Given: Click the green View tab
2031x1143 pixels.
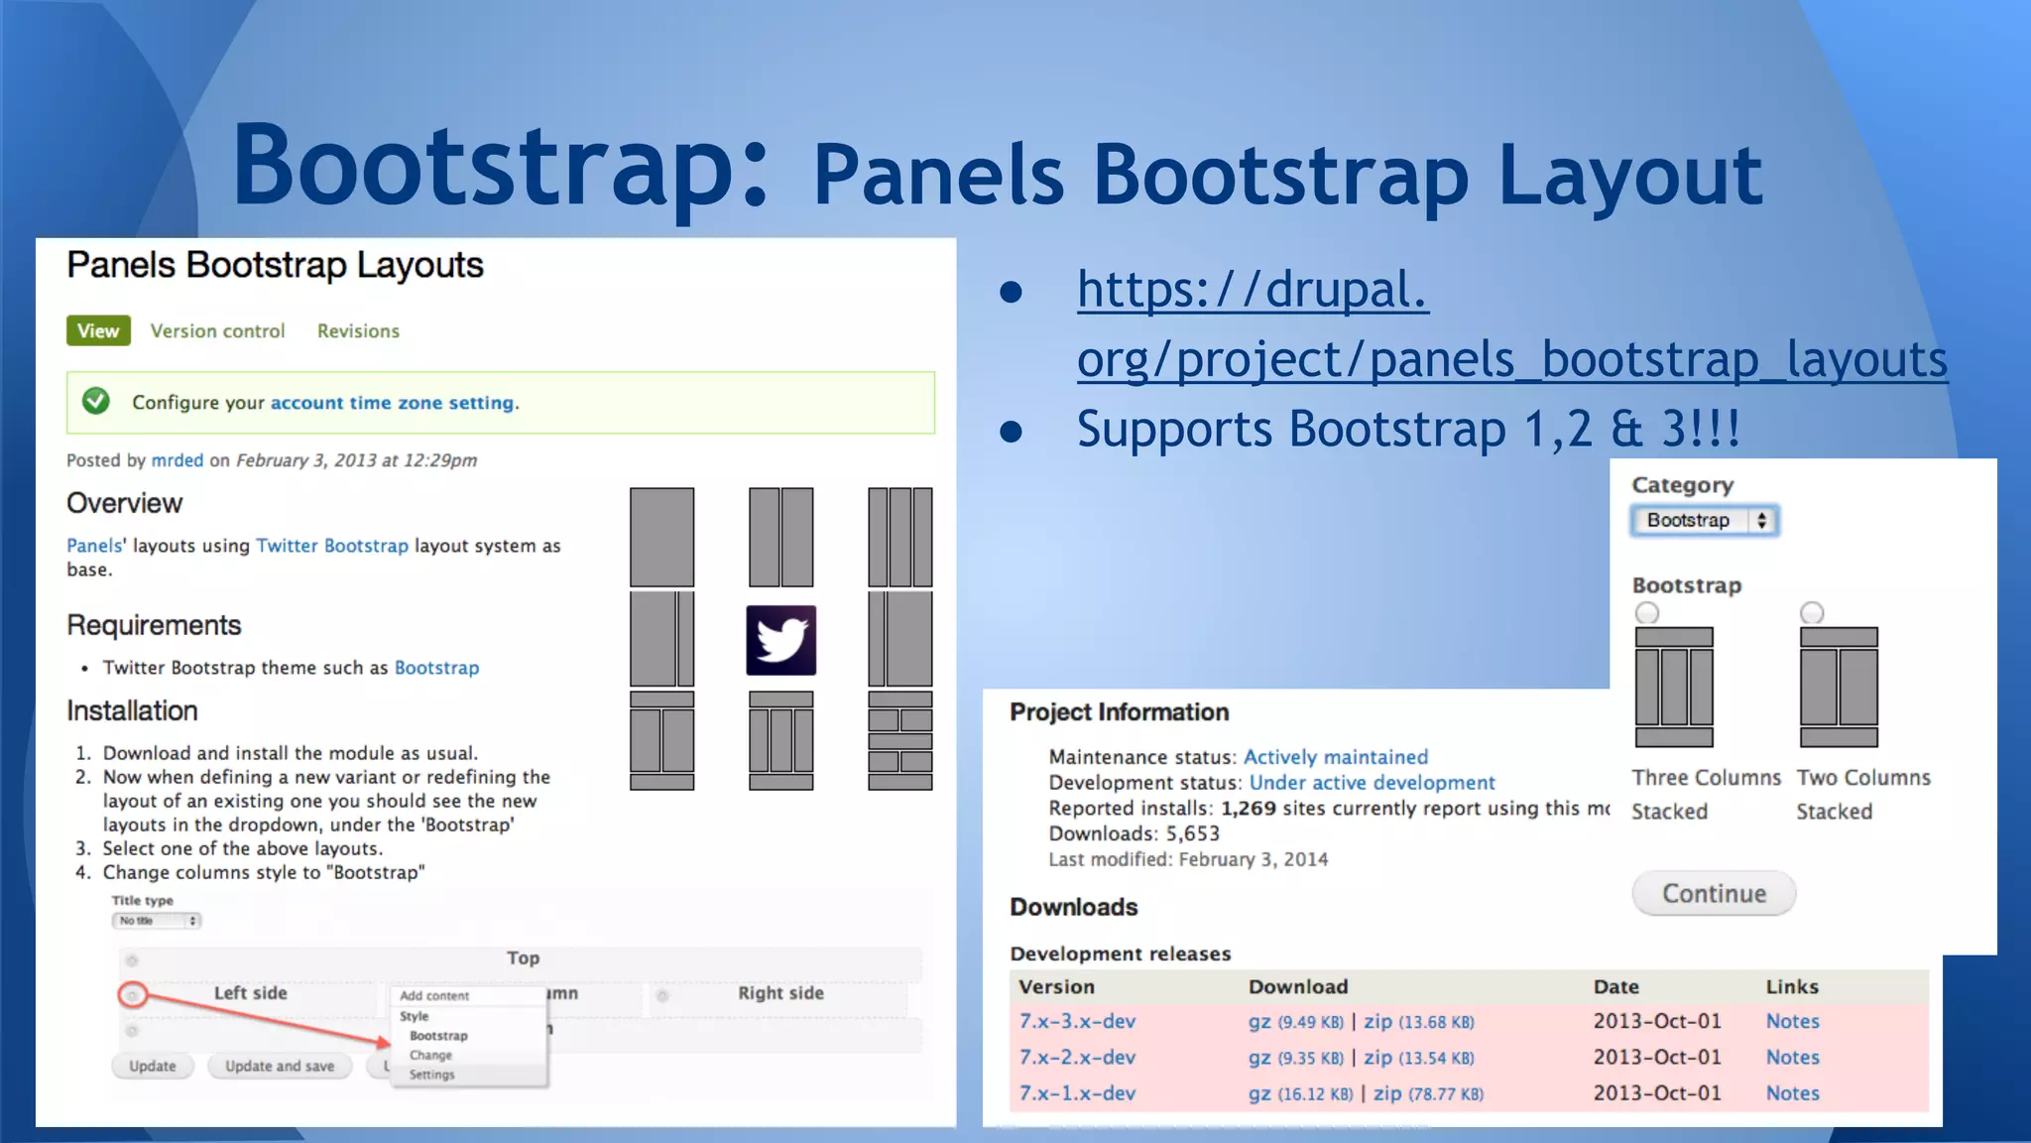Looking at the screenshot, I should tap(98, 330).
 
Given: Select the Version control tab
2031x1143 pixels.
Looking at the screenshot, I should tap(217, 330).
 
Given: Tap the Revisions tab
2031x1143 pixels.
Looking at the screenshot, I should tap(358, 330).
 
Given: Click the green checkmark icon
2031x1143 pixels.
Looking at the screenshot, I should tap(96, 401).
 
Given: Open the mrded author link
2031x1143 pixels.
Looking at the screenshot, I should tap(177, 460).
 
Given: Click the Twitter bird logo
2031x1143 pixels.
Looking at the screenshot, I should tap(780, 640).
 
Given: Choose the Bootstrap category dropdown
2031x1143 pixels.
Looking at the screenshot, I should tap(1705, 520).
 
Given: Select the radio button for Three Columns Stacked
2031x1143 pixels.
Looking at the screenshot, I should tap(1647, 613).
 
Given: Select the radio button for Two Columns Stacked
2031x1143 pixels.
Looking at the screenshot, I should tap(1812, 613).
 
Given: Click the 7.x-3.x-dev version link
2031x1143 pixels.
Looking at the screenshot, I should tap(1077, 1021).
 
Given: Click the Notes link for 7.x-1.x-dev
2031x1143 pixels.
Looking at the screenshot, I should tap(1792, 1092).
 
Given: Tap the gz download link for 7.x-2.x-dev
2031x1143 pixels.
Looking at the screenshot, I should tap(1259, 1058).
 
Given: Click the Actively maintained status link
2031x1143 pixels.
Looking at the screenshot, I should tap(1335, 757).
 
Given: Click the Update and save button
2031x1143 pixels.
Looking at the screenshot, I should tap(280, 1066).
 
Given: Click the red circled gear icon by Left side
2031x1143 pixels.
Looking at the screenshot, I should tap(133, 994).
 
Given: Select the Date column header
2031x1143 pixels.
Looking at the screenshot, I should tap(1615, 986).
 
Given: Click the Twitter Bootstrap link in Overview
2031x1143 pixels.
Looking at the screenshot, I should tap(331, 546).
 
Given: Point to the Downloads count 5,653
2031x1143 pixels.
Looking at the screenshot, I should tap(1192, 833).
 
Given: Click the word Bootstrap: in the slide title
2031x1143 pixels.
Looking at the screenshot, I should tap(501, 166).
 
